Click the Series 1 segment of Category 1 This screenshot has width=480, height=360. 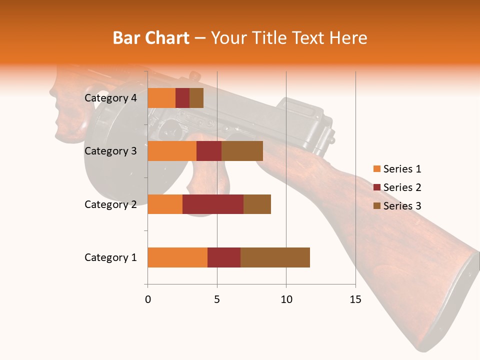point(177,257)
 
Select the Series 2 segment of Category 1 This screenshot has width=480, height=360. point(224,257)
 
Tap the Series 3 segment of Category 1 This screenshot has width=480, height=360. point(275,257)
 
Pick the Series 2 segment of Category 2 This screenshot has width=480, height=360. point(213,204)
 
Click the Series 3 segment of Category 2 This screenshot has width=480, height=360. point(257,204)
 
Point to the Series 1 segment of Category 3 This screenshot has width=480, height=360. point(172,151)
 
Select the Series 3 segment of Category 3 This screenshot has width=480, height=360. point(242,151)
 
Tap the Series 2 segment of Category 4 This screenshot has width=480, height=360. point(182,98)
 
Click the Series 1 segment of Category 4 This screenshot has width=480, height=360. point(161,98)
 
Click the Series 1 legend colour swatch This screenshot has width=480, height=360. point(376,169)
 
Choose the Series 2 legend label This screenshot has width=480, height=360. point(402,187)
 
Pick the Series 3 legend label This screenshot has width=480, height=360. point(402,206)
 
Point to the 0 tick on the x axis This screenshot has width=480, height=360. point(148,299)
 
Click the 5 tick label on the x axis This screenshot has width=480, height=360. point(217,299)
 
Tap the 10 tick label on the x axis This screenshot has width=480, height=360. point(286,299)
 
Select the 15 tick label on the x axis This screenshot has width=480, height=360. point(355,299)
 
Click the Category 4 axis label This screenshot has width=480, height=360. point(110,98)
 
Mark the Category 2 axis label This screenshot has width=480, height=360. point(110,204)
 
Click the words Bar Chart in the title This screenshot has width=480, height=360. point(151,37)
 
